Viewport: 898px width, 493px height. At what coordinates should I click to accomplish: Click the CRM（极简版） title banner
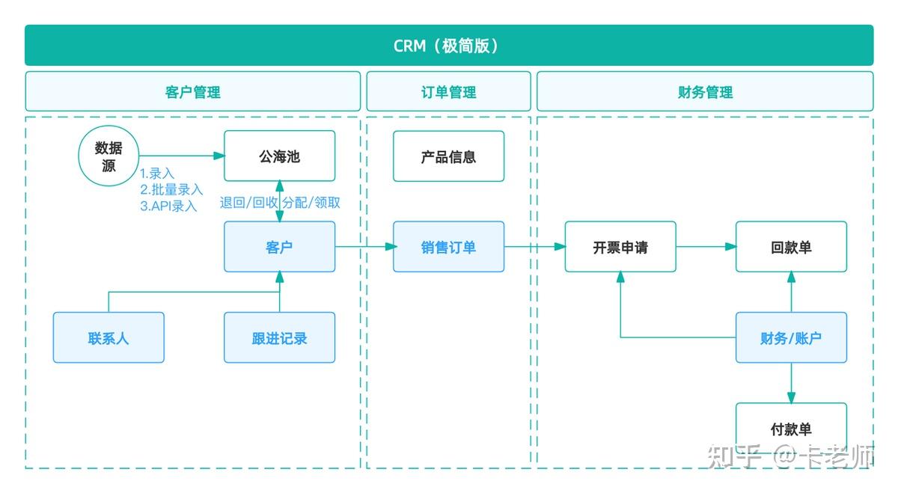coord(448,46)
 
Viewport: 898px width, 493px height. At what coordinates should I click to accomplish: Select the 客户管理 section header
coord(192,92)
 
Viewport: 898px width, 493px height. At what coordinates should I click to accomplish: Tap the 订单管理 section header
coord(448,92)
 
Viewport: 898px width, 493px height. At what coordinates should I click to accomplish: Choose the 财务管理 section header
coord(705,92)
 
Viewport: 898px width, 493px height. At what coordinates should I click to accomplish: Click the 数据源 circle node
coord(109,156)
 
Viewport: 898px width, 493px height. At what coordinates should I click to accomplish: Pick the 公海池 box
coord(279,156)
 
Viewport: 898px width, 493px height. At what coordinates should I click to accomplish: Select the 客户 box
coord(279,247)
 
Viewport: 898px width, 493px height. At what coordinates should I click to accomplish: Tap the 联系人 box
coord(109,337)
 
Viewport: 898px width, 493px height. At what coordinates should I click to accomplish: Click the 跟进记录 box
coord(279,337)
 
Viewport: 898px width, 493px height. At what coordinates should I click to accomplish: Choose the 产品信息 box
coord(448,156)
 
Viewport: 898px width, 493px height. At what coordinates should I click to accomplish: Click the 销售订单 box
coord(448,247)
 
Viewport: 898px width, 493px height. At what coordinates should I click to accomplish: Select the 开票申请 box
coord(620,247)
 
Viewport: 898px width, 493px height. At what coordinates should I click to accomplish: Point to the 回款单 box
coord(791,247)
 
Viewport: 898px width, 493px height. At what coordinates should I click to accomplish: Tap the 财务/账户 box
coord(791,337)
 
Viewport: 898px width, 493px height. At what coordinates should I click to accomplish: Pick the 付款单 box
coord(791,429)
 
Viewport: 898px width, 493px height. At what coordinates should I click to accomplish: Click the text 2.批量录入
coord(171,189)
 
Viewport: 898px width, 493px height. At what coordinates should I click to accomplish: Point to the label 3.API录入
coord(168,206)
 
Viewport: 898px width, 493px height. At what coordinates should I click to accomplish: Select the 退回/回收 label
coord(248,203)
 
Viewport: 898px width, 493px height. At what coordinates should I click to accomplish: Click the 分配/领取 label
coord(311,203)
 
